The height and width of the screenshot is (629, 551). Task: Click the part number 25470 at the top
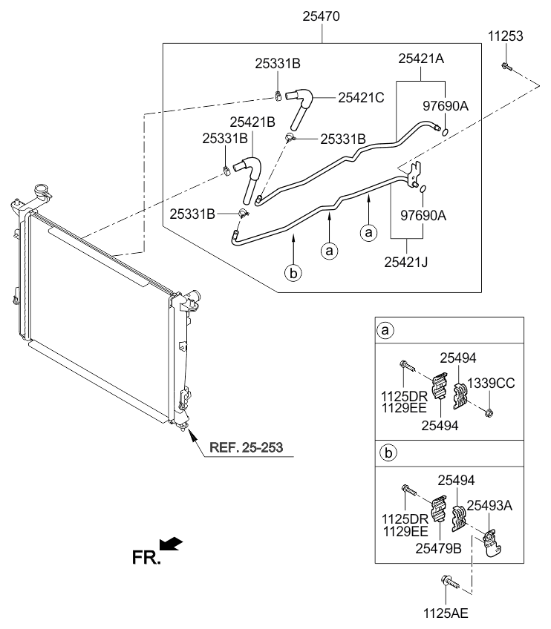point(321,16)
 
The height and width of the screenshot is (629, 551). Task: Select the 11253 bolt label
point(505,36)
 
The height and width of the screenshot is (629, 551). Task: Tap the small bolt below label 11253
point(506,67)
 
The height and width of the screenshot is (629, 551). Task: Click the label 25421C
point(361,97)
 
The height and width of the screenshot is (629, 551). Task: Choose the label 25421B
point(252,122)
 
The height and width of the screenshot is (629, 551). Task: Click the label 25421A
point(421,59)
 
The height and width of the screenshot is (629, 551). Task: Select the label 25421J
point(405,262)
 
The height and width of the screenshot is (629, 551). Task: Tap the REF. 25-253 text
point(246,447)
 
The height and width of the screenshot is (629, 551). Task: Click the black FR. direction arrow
point(172,544)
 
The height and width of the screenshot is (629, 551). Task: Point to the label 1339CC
point(491,383)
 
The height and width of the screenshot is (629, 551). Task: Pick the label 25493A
point(489,505)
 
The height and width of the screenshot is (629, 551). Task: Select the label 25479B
point(438,548)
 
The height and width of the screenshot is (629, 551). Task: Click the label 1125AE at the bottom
point(446,613)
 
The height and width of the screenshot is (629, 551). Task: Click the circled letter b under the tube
point(293,273)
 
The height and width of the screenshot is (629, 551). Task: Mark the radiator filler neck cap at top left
point(42,189)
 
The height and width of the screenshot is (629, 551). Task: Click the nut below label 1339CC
point(489,412)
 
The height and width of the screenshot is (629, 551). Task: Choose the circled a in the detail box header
point(385,330)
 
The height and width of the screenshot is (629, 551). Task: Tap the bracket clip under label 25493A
point(491,543)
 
